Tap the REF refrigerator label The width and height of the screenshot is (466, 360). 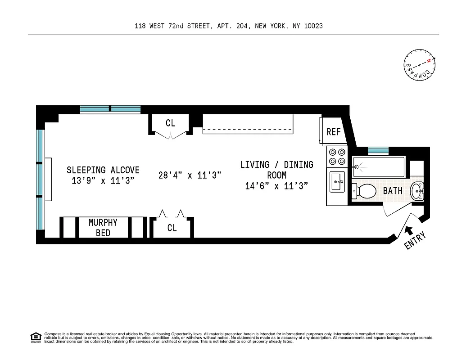tap(334, 132)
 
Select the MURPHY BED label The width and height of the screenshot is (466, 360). tap(103, 228)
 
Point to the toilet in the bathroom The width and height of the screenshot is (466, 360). tap(365, 191)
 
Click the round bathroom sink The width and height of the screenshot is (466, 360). tap(417, 191)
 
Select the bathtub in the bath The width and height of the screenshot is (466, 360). tap(378, 167)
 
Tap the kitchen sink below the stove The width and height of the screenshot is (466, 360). tap(337, 183)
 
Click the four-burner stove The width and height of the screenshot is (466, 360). tap(337, 157)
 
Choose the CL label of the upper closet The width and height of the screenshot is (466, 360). tap(170, 123)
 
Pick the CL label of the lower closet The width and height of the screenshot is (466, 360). tap(172, 228)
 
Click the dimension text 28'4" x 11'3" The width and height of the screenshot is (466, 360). tap(190, 175)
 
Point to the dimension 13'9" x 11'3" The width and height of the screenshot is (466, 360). tap(103, 180)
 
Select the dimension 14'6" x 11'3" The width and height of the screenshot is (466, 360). tap(276, 186)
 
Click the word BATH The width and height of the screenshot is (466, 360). tap(393, 191)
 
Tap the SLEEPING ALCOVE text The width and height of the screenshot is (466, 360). tap(103, 170)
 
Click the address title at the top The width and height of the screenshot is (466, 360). tap(228, 26)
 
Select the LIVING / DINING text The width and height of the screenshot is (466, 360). tap(276, 165)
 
